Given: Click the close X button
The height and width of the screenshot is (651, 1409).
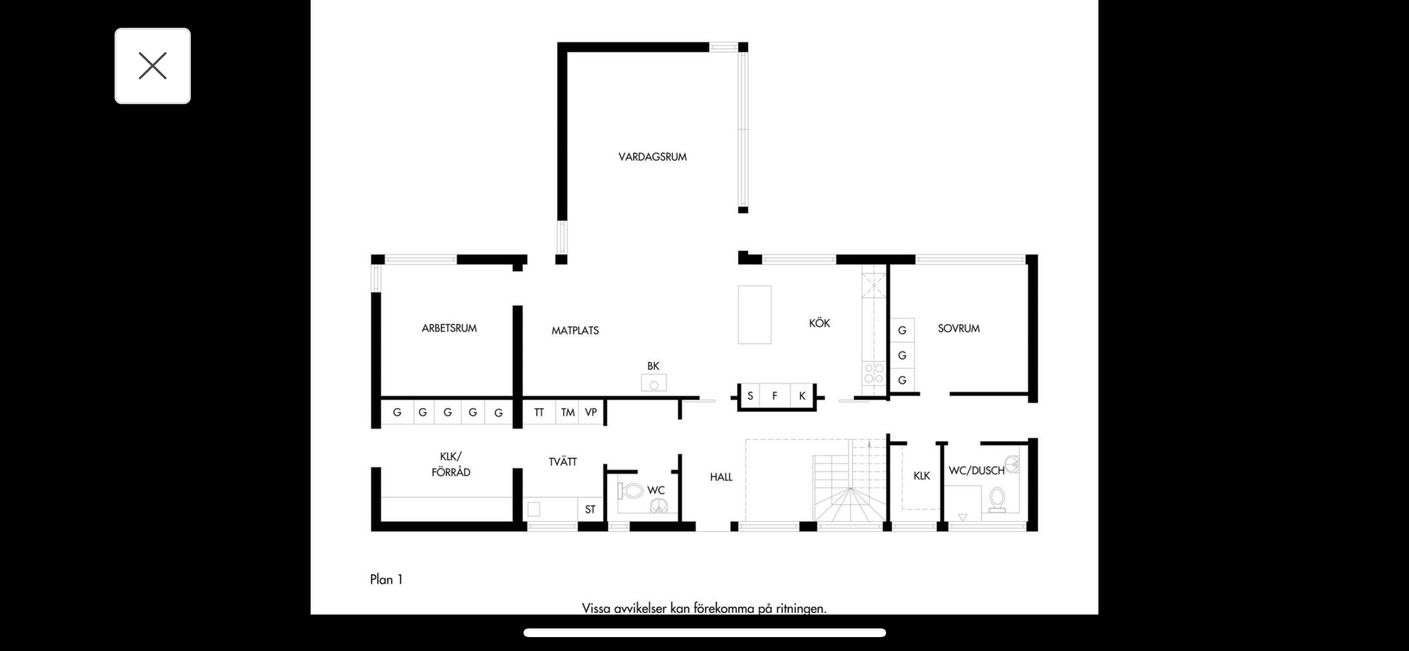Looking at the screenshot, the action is [x=153, y=66].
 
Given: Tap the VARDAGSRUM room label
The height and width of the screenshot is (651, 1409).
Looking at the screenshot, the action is [x=652, y=157].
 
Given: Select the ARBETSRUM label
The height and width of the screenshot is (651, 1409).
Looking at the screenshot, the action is [x=449, y=328].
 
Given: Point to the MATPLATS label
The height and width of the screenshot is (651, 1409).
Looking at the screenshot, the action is [x=575, y=330].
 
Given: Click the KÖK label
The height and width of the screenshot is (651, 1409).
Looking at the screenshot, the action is [x=820, y=323].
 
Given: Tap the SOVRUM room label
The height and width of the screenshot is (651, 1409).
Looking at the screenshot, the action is [x=959, y=328].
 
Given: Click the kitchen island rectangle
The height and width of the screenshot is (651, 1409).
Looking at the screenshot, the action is [x=755, y=315].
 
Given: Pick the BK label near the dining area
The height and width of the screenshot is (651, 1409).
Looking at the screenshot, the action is [x=653, y=366].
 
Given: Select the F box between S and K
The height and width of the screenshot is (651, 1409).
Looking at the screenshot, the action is [x=774, y=396].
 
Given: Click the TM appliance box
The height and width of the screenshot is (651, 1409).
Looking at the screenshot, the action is [x=567, y=412].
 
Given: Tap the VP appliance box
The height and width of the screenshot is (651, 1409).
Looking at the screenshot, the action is [x=591, y=412].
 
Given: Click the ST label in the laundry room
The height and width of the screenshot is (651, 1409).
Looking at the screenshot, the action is [x=590, y=510].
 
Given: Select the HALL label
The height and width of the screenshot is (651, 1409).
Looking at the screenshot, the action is [x=721, y=477].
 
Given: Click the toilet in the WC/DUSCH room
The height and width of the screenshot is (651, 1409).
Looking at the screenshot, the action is [x=997, y=499].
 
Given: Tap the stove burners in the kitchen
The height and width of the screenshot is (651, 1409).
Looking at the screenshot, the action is [x=874, y=373].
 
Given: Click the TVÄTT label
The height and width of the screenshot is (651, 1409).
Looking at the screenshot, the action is [x=563, y=462].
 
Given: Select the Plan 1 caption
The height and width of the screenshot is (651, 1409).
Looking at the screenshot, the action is [x=386, y=579].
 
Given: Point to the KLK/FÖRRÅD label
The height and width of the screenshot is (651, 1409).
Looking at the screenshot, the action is [x=451, y=464].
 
